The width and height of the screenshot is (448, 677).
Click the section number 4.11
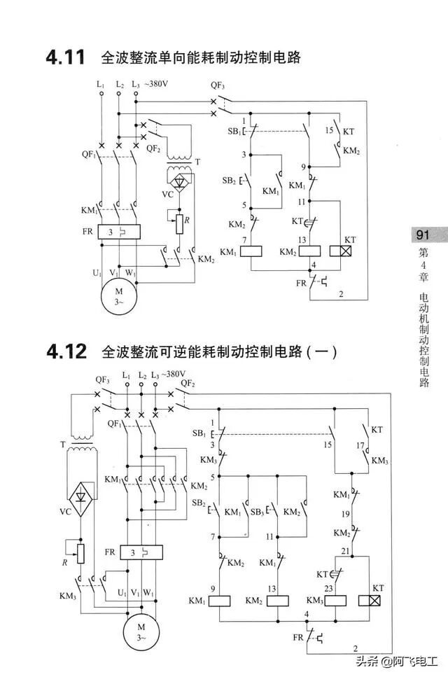65,57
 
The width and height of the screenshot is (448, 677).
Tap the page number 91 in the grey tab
422,235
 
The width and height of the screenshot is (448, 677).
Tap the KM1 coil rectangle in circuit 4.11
251,252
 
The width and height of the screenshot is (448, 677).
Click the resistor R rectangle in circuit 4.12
80,553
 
